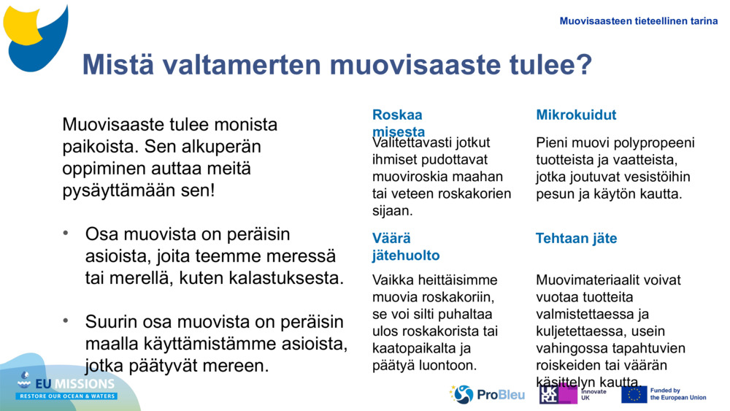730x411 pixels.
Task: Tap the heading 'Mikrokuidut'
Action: pos(576,115)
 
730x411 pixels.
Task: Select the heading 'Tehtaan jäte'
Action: pos(576,239)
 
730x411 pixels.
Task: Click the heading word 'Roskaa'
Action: pos(397,115)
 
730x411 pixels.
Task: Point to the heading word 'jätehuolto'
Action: pos(406,256)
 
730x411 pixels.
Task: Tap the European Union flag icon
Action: pos(634,394)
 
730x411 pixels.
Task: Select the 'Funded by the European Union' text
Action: pos(678,394)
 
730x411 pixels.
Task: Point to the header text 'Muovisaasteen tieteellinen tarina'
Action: pos(639,21)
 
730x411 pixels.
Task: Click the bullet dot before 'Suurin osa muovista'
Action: pos(66,320)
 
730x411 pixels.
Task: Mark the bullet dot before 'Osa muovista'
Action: pos(66,234)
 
